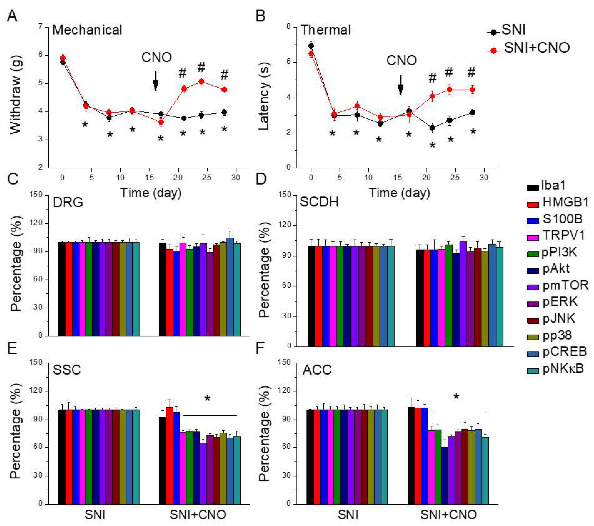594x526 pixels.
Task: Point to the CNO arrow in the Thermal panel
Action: coord(400,85)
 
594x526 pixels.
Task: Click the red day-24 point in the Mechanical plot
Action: coord(201,81)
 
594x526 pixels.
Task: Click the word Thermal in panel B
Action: coord(325,30)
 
